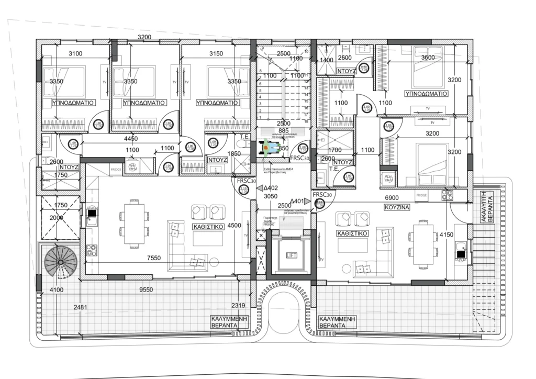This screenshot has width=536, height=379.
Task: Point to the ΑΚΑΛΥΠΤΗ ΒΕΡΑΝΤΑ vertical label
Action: pos(487,207)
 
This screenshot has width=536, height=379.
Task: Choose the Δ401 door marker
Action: pos(297,201)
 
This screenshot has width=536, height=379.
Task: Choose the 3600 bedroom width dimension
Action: pos(428,58)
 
